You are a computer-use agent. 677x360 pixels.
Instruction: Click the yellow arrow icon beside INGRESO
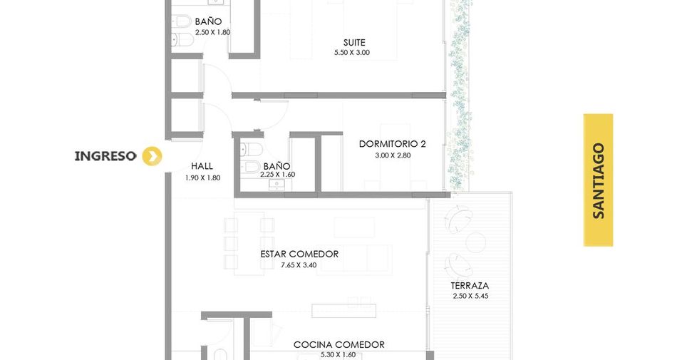tap(153, 156)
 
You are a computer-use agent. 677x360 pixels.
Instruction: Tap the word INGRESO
tap(105, 156)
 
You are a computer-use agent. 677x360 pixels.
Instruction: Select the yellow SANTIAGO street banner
tap(598, 180)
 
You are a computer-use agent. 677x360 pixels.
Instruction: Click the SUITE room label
tap(354, 42)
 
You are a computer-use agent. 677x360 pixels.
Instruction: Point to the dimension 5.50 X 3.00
tap(352, 53)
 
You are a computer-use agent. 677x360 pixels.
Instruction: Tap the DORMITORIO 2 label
tap(393, 144)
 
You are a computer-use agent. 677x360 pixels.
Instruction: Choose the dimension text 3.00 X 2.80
tap(393, 155)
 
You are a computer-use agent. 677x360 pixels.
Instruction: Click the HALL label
tap(202, 166)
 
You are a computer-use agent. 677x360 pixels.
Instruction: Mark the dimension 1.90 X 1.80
tap(202, 178)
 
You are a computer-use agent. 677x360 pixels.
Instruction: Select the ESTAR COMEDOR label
tap(299, 254)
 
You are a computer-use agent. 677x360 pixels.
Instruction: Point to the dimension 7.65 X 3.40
tap(299, 265)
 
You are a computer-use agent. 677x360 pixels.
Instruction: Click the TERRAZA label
tap(470, 285)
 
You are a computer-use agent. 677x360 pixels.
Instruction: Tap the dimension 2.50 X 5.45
tap(470, 296)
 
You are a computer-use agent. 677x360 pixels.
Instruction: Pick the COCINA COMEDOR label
tap(339, 344)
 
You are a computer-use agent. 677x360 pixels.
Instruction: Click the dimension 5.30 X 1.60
tap(338, 355)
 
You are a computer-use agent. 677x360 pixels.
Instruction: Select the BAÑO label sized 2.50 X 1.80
tap(208, 21)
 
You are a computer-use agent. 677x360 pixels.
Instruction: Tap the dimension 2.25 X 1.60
tap(278, 175)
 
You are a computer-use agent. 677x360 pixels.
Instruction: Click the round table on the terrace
tap(476, 242)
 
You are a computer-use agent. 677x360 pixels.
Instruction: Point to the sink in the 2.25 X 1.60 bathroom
tap(276, 185)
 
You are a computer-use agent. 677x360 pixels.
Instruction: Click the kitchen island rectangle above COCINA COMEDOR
tap(343, 311)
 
